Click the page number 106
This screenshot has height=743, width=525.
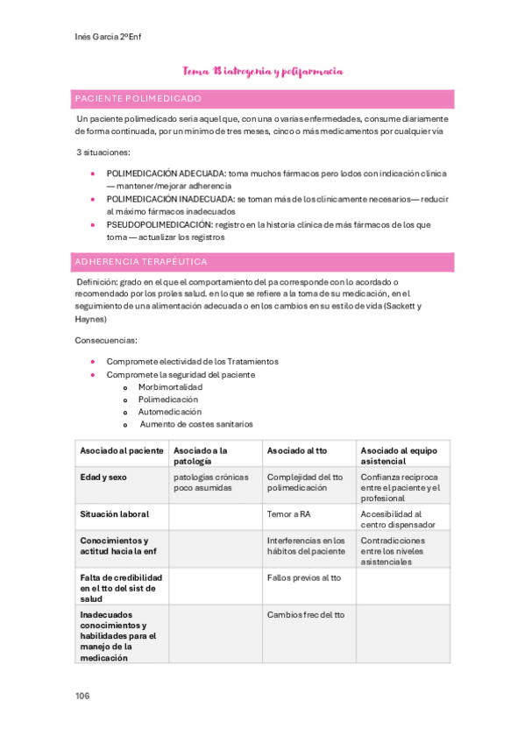pyautogui.click(x=82, y=696)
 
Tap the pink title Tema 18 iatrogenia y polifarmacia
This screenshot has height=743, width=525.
pyautogui.click(x=262, y=71)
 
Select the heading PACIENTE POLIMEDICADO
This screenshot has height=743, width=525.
pyautogui.click(x=138, y=98)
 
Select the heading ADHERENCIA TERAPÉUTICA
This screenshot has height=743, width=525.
pyautogui.click(x=141, y=262)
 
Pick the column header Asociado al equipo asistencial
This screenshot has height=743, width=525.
pyautogui.click(x=397, y=456)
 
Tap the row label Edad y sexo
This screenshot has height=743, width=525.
pyautogui.click(x=103, y=478)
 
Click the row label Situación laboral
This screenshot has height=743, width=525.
pyautogui.click(x=115, y=514)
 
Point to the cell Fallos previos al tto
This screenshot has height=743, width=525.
pyautogui.click(x=304, y=578)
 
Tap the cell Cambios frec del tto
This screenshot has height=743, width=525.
pyautogui.click(x=306, y=615)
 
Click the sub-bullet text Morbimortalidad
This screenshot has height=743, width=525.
pyautogui.click(x=170, y=386)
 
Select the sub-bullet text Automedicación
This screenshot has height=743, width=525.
pyautogui.click(x=169, y=411)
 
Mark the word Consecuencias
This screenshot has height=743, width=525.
pyautogui.click(x=106, y=339)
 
